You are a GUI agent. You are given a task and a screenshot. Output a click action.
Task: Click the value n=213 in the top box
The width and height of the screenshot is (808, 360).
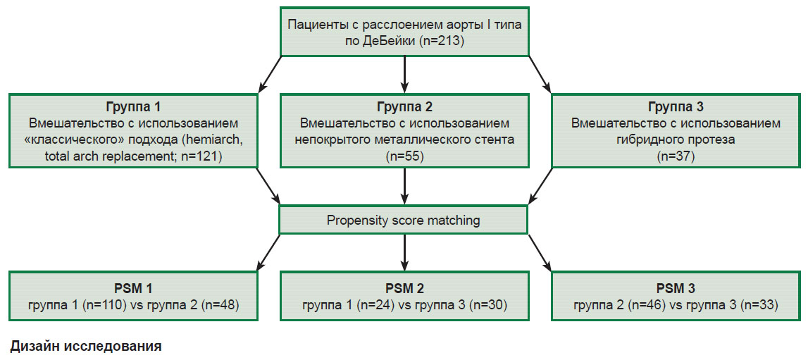(442, 41)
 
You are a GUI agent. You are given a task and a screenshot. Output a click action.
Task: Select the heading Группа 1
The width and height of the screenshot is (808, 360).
(133, 108)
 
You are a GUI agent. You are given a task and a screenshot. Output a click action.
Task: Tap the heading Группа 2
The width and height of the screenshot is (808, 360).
(404, 108)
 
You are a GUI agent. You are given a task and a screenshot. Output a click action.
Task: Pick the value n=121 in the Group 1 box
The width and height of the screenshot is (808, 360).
(200, 157)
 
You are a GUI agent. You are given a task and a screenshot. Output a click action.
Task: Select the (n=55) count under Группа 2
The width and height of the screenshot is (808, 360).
(404, 157)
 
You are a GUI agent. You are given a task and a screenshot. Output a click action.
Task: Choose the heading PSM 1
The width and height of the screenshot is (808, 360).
(133, 288)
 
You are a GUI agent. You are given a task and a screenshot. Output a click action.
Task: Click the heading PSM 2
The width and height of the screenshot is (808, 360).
(404, 288)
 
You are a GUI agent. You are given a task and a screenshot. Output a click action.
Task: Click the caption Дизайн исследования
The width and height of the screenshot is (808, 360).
(85, 346)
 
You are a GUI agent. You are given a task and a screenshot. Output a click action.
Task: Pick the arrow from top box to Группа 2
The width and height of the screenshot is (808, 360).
(404, 74)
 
